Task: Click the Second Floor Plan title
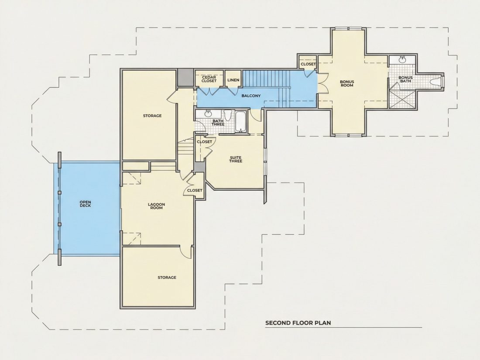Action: click(298, 322)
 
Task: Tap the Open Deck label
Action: click(85, 204)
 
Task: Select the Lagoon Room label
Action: click(156, 206)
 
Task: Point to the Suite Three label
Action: click(236, 159)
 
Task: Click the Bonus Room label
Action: click(347, 84)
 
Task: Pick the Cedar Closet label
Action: click(209, 79)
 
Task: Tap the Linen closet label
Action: click(233, 80)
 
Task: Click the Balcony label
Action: click(251, 96)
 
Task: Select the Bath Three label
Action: click(218, 123)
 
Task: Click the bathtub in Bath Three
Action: click(241, 122)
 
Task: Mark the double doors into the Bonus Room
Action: click(322, 83)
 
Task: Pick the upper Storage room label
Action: click(152, 116)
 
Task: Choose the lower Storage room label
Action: click(167, 278)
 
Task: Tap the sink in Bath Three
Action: click(208, 113)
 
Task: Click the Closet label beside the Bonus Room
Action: click(308, 64)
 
